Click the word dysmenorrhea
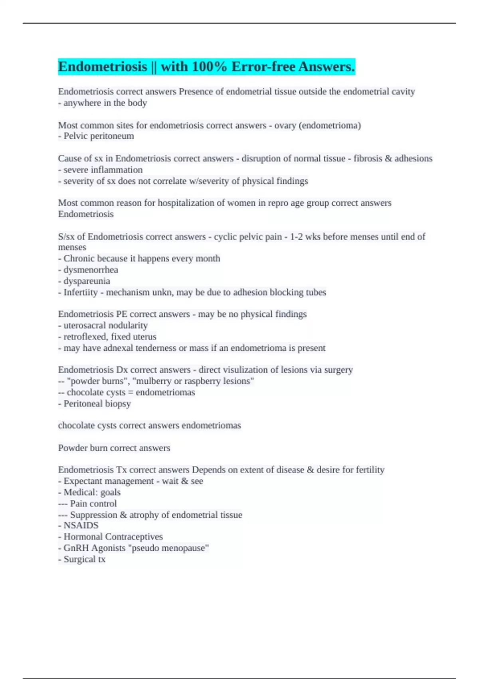91,270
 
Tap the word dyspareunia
87,281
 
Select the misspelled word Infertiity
80,292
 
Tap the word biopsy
119,404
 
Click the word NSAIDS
81,526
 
